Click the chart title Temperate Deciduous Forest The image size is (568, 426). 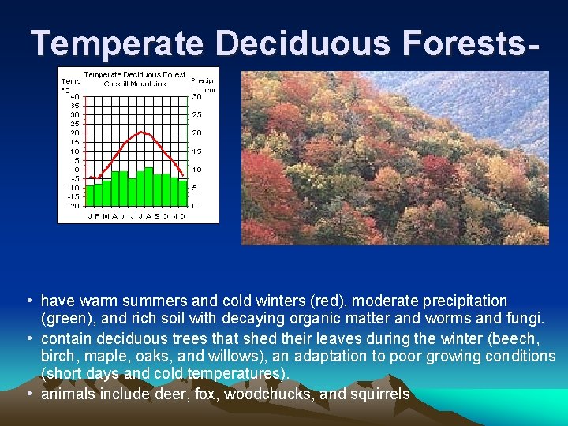135,75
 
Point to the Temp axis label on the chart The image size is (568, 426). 71,80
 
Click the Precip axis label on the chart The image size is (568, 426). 201,80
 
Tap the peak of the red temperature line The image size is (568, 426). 140,133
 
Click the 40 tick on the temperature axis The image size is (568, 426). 74,96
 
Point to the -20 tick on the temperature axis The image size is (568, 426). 73,206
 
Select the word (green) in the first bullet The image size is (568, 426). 67,319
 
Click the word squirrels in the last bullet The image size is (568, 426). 379,393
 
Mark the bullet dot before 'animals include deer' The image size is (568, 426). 28,393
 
